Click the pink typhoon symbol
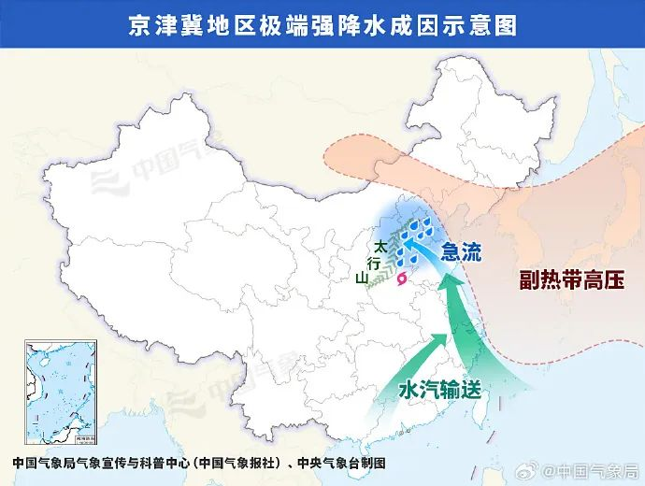point(403,278)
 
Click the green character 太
point(380,247)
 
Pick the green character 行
point(373,263)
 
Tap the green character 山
point(362,278)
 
